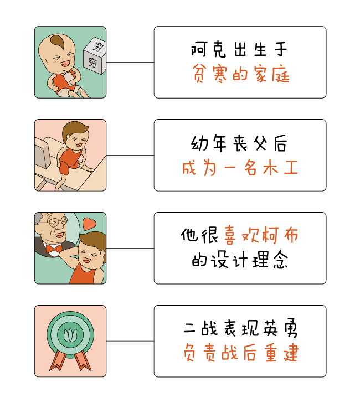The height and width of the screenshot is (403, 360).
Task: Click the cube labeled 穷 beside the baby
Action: [94, 56]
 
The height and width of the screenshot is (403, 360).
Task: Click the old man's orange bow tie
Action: [54, 249]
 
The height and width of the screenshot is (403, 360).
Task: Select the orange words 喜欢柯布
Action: [261, 236]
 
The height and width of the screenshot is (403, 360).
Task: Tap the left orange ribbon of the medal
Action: [56, 363]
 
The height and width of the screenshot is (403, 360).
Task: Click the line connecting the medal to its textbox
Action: [130, 341]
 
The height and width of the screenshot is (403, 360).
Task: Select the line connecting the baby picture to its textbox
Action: [130, 62]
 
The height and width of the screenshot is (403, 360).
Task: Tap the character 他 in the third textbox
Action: [189, 236]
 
